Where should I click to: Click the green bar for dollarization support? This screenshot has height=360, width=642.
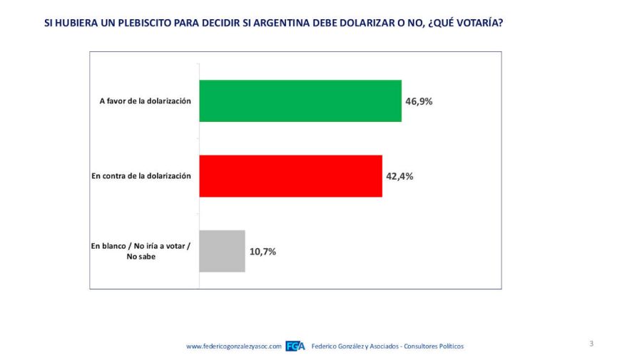(x=300, y=101)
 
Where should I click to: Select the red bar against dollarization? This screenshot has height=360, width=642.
(x=290, y=176)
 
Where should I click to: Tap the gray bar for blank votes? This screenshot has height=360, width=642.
(x=222, y=251)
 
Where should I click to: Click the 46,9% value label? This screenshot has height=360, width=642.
(x=419, y=101)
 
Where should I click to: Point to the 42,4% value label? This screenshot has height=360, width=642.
(x=399, y=176)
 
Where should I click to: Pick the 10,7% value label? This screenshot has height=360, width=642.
(x=263, y=251)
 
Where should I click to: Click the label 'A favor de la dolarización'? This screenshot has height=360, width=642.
(x=145, y=101)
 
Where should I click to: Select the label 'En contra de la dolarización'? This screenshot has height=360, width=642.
(x=141, y=176)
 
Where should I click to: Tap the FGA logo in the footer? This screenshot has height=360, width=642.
(x=295, y=346)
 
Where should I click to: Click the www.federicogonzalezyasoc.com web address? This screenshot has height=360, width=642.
(x=234, y=346)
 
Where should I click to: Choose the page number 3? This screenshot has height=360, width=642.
(x=591, y=344)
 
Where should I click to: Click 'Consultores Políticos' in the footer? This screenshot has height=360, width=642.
(x=433, y=346)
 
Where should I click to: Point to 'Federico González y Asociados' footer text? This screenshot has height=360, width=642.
(x=355, y=346)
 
